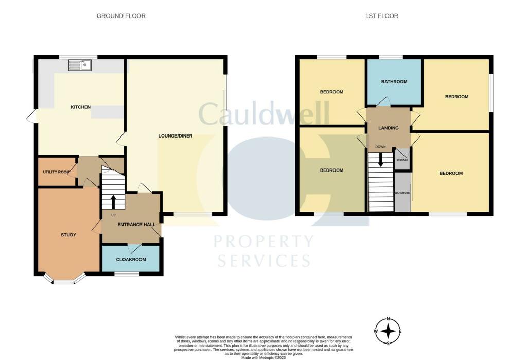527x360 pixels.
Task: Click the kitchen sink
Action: pyautogui.click(x=80, y=64)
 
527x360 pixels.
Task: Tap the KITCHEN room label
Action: pyautogui.click(x=80, y=107)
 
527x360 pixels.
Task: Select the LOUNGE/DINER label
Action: pyautogui.click(x=175, y=136)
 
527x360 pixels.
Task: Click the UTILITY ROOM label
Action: pyautogui.click(x=56, y=172)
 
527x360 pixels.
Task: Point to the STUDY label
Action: pyautogui.click(x=68, y=235)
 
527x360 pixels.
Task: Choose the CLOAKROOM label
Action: pyautogui.click(x=131, y=260)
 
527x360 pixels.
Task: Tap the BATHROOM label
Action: pyautogui.click(x=394, y=82)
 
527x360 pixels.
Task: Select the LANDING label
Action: pyautogui.click(x=388, y=128)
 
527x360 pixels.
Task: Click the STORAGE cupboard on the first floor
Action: pyautogui.click(x=402, y=160)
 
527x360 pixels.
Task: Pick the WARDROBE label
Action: pyautogui.click(x=402, y=192)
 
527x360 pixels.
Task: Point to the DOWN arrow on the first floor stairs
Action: pyautogui.click(x=381, y=160)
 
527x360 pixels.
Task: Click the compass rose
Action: pyautogui.click(x=389, y=331)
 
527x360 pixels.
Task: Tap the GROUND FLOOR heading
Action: pyautogui.click(x=121, y=16)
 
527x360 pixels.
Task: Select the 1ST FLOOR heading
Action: pyautogui.click(x=381, y=16)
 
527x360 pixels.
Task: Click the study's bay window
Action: pyautogui.click(x=64, y=281)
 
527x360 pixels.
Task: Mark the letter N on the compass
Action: pyautogui.click(x=389, y=319)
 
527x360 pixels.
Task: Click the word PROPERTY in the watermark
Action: pyautogui.click(x=263, y=241)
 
